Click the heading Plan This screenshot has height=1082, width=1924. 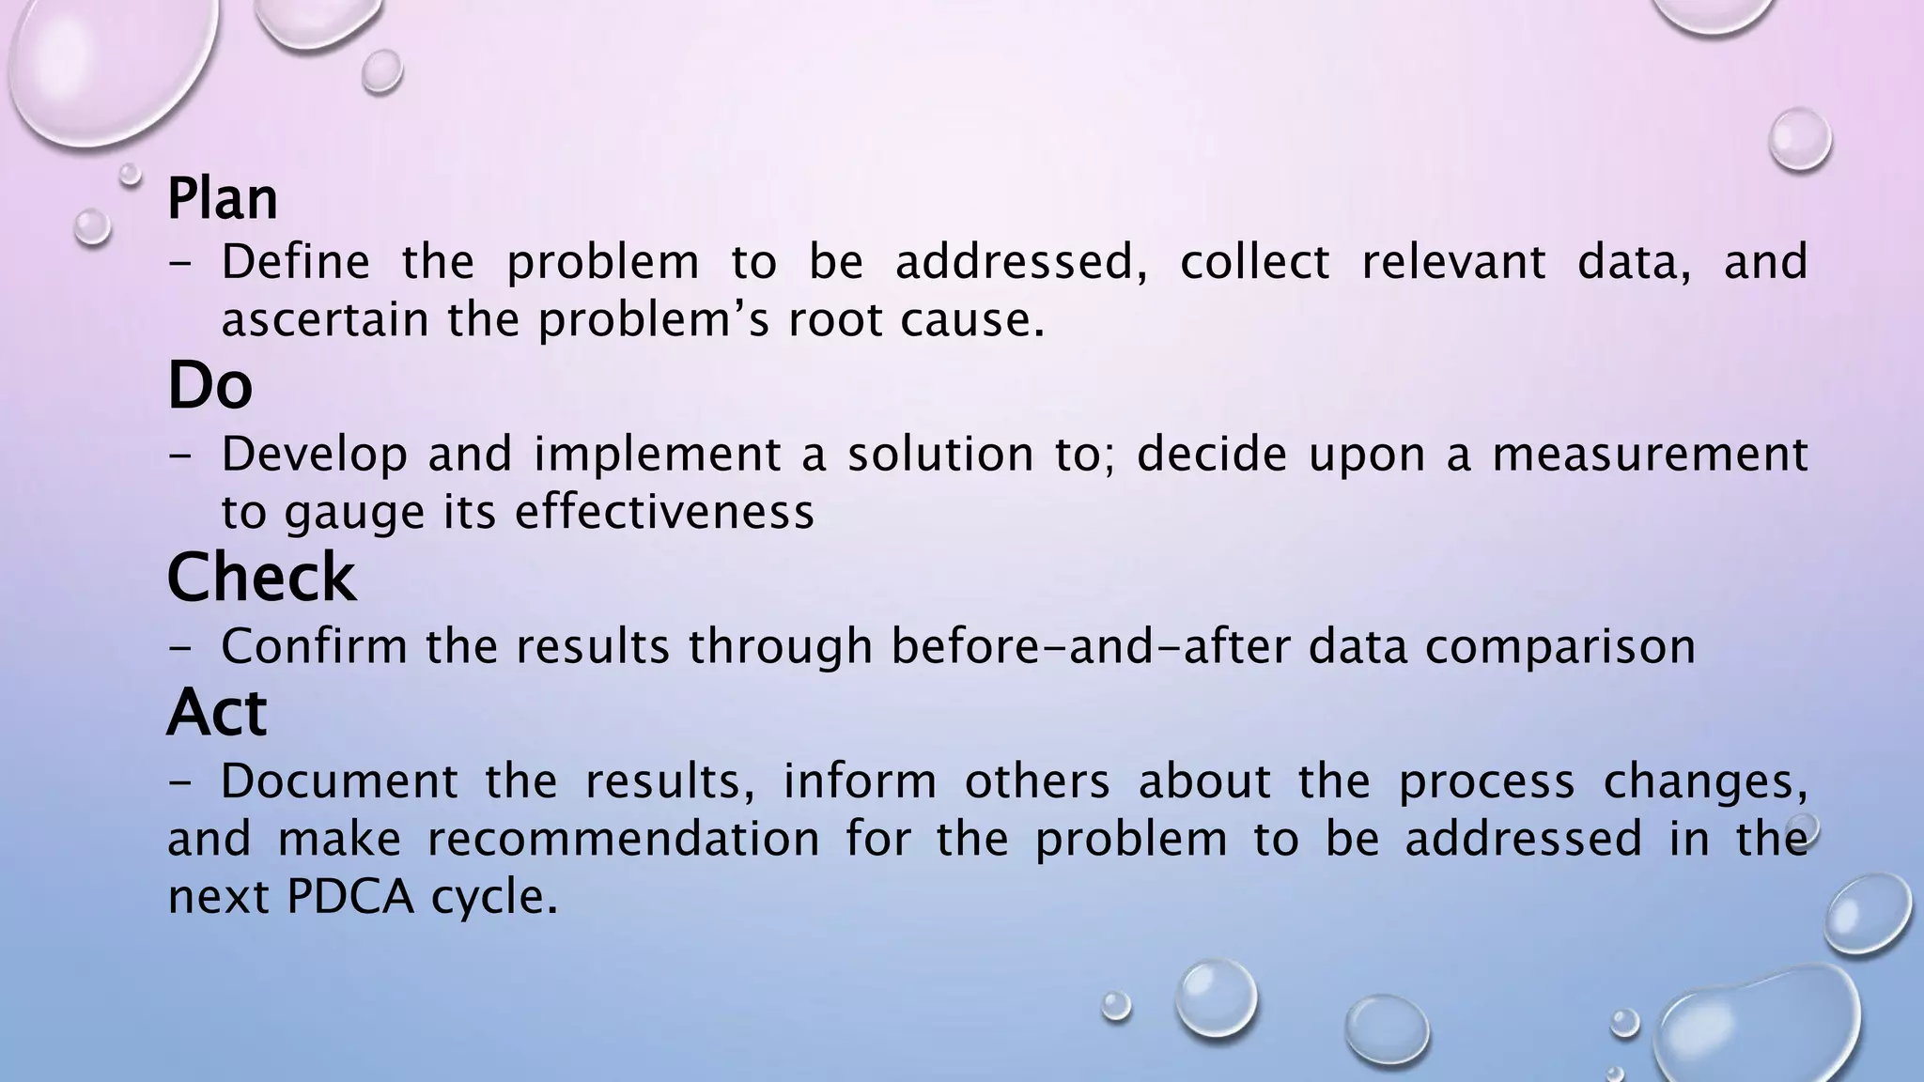click(x=223, y=199)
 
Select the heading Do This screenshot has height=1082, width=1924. click(x=210, y=385)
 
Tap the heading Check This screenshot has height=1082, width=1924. click(x=261, y=577)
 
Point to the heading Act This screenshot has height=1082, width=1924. click(x=217, y=712)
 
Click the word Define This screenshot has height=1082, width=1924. click(x=296, y=261)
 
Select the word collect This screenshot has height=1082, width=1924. click(x=1254, y=261)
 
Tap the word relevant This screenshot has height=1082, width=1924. click(x=1453, y=261)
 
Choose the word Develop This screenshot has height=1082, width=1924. click(x=315, y=455)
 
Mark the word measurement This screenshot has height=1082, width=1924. click(x=1650, y=455)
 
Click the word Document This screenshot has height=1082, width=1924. click(x=340, y=781)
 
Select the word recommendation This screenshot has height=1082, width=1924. click(x=624, y=839)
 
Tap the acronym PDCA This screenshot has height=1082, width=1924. click(x=349, y=897)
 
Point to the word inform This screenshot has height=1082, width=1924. click(x=860, y=781)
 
